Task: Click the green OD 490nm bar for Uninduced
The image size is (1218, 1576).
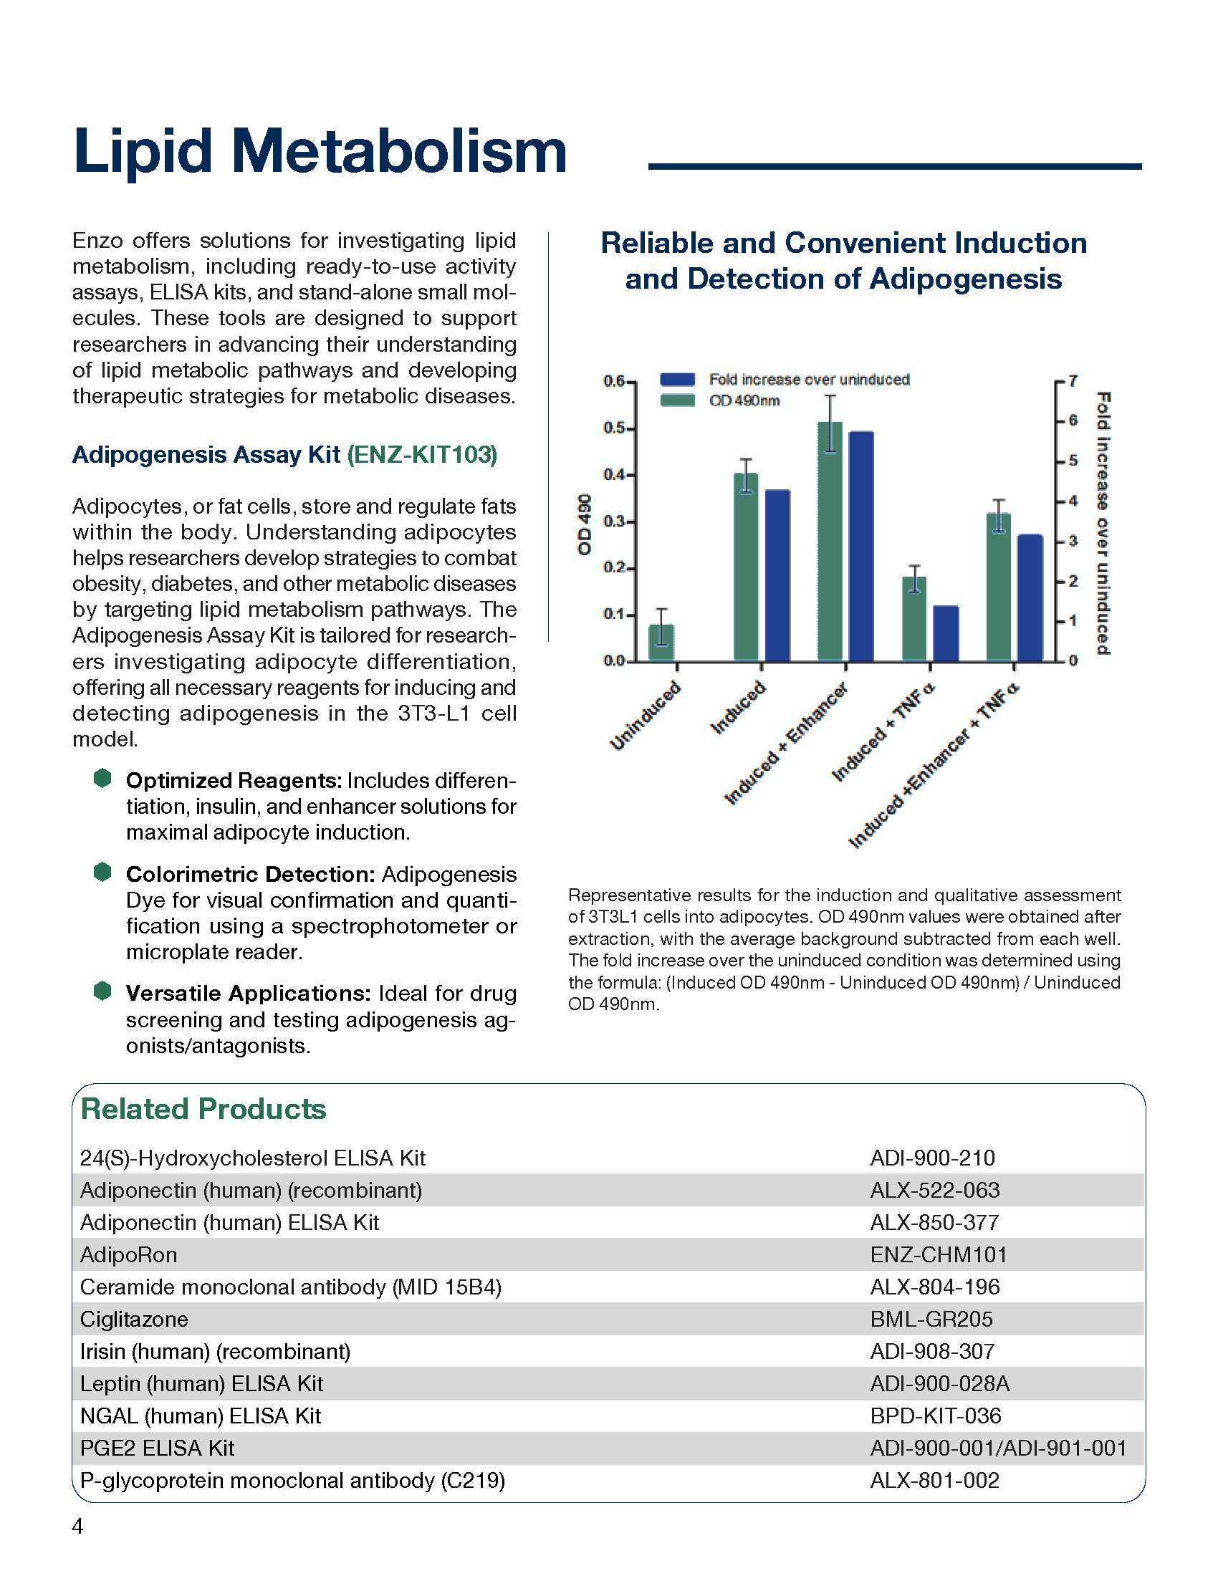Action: click(661, 643)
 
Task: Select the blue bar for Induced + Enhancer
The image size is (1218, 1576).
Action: click(860, 547)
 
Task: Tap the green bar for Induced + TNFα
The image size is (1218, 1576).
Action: click(914, 618)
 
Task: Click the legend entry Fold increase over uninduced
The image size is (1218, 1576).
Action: click(808, 380)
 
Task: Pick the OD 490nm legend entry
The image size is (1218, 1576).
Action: click(744, 400)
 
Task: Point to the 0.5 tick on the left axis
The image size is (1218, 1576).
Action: click(614, 428)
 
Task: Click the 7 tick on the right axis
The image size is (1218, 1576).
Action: click(1073, 380)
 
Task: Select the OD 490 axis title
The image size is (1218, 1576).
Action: click(585, 524)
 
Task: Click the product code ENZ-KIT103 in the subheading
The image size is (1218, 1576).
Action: click(422, 455)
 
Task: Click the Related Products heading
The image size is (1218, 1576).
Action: click(203, 1109)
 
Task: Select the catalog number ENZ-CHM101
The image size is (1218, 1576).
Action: click(938, 1255)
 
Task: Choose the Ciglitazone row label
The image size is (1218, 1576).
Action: click(134, 1319)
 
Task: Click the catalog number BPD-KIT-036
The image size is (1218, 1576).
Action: click(935, 1416)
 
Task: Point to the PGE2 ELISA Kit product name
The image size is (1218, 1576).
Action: click(158, 1448)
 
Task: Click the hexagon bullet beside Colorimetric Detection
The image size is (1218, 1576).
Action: click(102, 873)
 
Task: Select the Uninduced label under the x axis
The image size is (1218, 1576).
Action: click(645, 716)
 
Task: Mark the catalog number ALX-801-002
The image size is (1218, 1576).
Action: click(934, 1481)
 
